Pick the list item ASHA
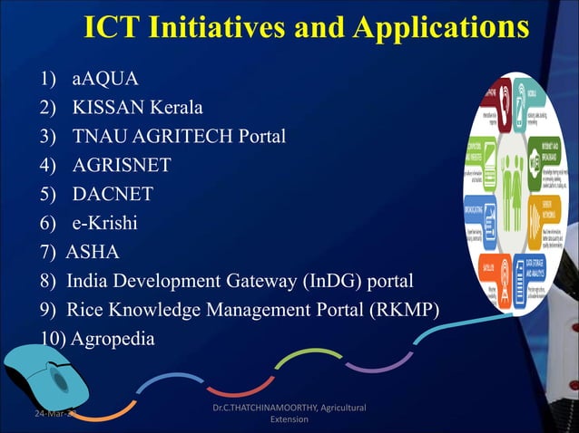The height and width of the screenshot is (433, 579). (93, 252)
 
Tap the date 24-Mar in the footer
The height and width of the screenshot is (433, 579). (36, 415)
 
